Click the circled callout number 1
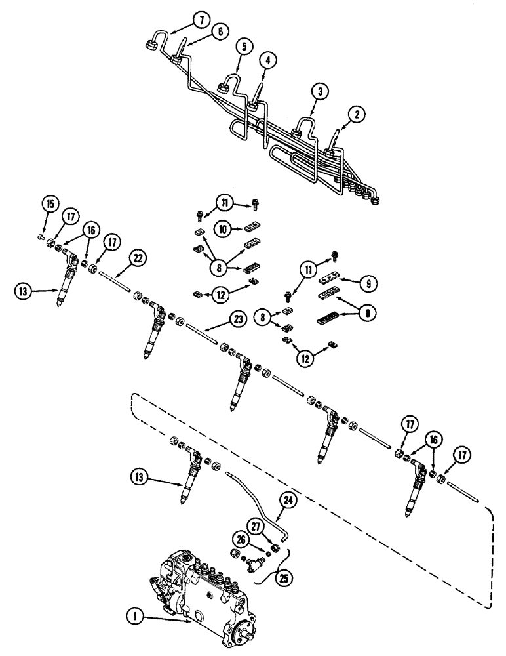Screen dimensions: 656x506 [x=132, y=615]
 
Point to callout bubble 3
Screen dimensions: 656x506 [x=319, y=92]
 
